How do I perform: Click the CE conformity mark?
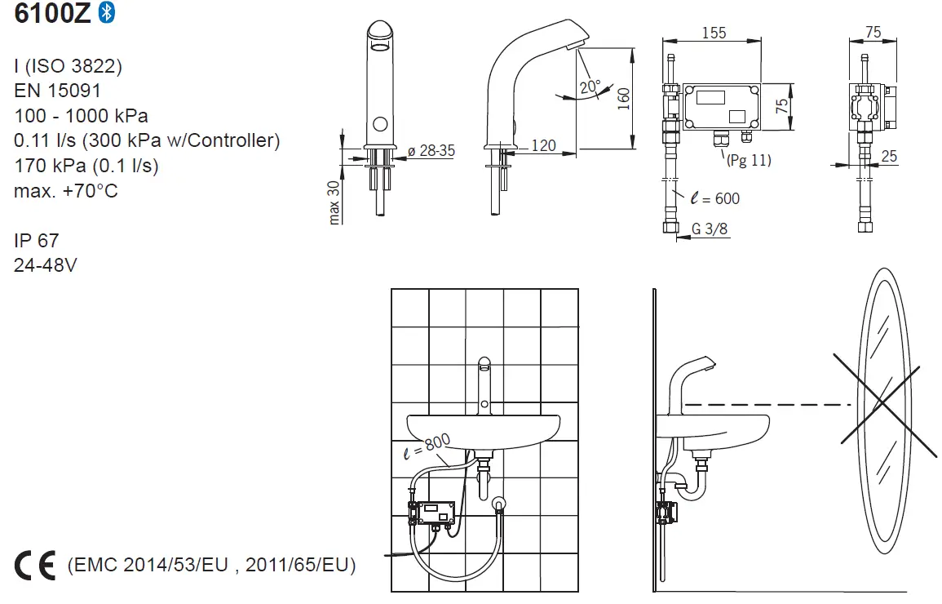tap(35, 565)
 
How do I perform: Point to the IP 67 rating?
tap(36, 241)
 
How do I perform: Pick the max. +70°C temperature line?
tap(66, 191)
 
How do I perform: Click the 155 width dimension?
tap(714, 32)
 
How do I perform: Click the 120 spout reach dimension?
tap(543, 145)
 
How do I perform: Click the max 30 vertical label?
tap(334, 202)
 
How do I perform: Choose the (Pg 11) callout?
tap(748, 160)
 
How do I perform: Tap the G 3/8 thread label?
tap(710, 229)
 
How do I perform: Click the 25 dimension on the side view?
tap(888, 156)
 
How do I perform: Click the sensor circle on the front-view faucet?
tap(379, 125)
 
